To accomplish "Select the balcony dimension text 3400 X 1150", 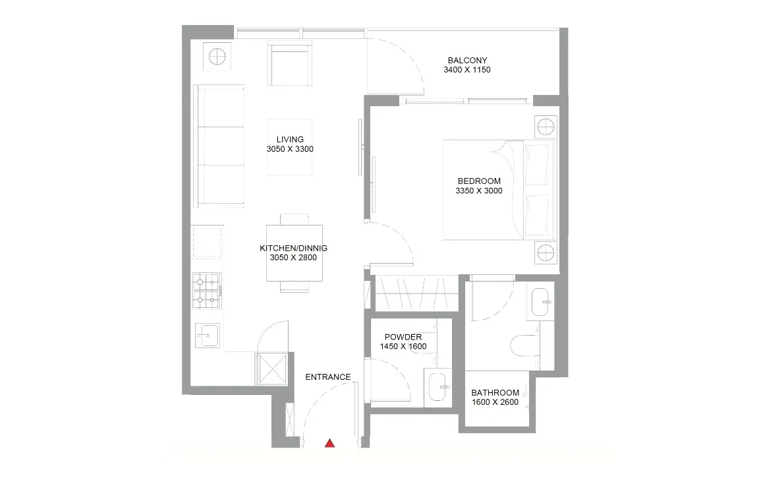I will [467, 69].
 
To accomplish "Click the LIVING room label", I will [290, 139].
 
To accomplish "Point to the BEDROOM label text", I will [479, 181].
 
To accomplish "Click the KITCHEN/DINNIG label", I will [293, 248].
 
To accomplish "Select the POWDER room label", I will [403, 337].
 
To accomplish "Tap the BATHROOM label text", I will [495, 393].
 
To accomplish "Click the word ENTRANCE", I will [328, 377].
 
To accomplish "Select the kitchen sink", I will [207, 336].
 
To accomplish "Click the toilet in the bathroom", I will [526, 345].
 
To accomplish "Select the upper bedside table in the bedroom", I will [546, 127].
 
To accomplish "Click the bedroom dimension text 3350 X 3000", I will [479, 191].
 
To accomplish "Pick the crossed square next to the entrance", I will [271, 369].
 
